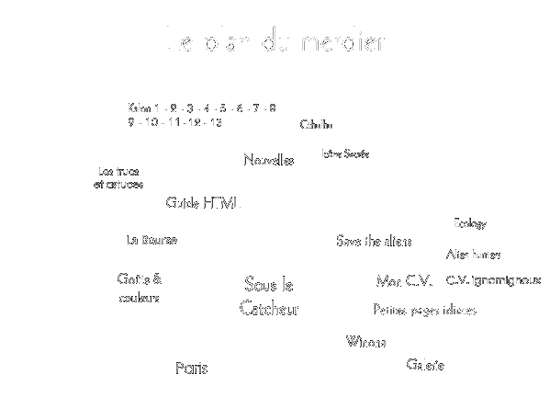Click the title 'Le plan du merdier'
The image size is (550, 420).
[275, 41]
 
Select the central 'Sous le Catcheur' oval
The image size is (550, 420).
[269, 298]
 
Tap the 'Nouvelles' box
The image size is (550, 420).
[268, 160]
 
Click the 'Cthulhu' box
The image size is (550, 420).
[317, 125]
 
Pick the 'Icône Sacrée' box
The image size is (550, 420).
[344, 153]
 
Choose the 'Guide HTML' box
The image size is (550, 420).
[203, 202]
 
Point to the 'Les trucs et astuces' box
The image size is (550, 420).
[118, 178]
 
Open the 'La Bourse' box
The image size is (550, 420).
[151, 240]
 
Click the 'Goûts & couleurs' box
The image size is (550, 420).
[139, 288]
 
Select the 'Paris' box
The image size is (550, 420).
[192, 369]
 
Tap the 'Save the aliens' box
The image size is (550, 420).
[373, 241]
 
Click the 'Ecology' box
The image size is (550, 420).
[469, 223]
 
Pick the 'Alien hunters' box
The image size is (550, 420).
[473, 254]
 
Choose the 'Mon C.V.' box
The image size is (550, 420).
[404, 280]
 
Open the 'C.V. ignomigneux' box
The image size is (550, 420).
[493, 279]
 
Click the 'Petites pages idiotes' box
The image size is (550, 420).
[424, 310]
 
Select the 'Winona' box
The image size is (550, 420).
[365, 343]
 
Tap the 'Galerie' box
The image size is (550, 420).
[425, 365]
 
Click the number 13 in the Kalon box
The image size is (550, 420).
[216, 122]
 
